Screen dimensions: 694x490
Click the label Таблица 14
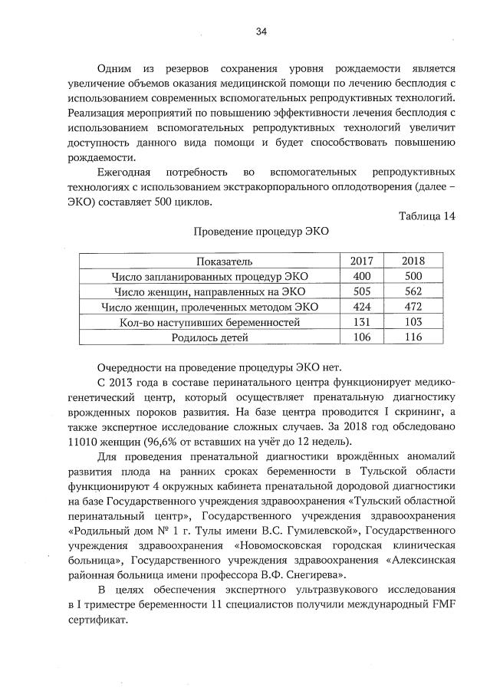point(427,215)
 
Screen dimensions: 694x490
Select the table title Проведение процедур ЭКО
point(261,232)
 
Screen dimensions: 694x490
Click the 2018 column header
point(413,261)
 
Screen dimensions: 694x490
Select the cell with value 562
point(413,291)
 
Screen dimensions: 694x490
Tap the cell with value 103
point(413,322)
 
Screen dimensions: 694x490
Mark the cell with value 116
point(413,337)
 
